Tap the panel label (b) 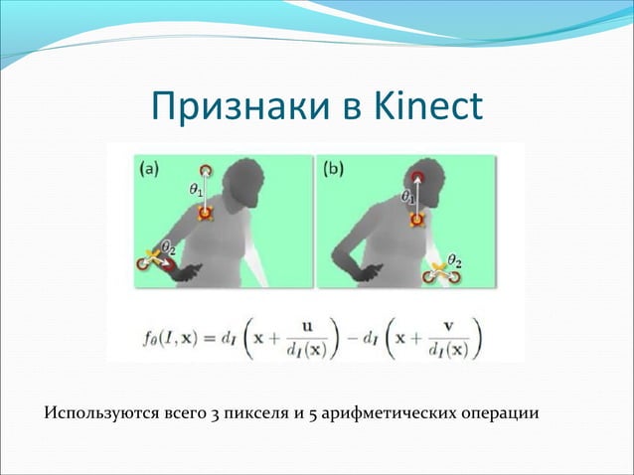coord(333,168)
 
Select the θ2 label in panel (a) coord(169,245)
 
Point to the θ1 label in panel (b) coord(408,198)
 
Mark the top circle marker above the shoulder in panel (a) coord(206,172)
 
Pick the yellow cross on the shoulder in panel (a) coord(205,214)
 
